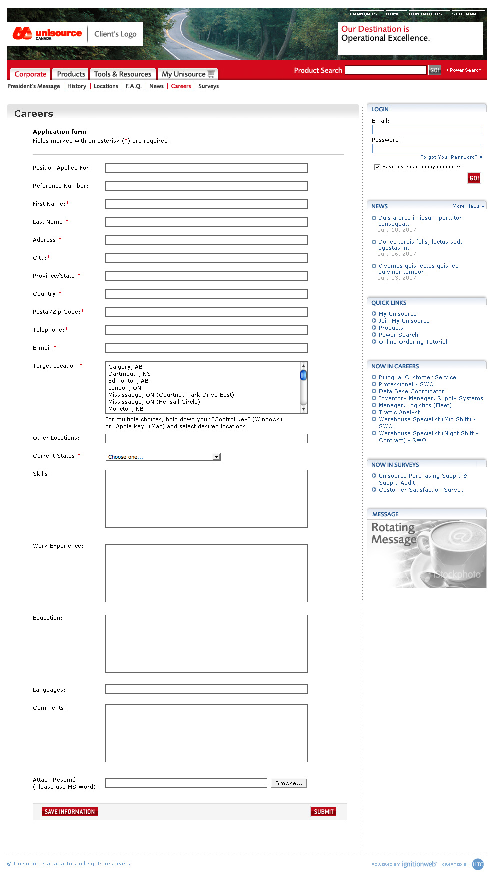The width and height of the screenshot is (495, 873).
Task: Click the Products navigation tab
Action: [x=71, y=74]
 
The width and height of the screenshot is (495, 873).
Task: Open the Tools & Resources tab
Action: [x=122, y=74]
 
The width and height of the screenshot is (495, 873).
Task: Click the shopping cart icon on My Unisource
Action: [x=211, y=74]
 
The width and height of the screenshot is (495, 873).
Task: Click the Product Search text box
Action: [x=385, y=70]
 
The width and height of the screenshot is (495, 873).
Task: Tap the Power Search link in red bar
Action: [x=465, y=70]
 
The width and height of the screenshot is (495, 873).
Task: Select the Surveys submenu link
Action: [x=208, y=86]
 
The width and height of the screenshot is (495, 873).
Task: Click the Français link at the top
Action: [x=363, y=14]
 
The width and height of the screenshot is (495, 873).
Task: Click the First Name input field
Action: [x=206, y=204]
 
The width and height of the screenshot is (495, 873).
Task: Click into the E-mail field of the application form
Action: [x=206, y=348]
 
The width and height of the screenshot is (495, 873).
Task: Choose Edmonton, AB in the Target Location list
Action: [x=128, y=381]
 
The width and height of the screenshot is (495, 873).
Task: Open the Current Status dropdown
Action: [x=163, y=457]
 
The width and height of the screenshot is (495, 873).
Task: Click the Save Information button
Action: [x=70, y=812]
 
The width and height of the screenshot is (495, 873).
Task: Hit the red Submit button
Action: [x=324, y=812]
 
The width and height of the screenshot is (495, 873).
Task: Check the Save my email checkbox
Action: [x=377, y=167]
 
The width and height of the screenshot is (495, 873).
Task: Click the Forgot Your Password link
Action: [x=450, y=157]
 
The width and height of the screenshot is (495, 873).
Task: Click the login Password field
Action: [x=426, y=148]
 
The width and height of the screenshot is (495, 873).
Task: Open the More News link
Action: [x=468, y=206]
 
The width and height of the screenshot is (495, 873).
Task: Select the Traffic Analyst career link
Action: [x=399, y=412]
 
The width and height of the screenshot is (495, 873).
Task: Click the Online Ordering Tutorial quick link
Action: [x=413, y=342]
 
